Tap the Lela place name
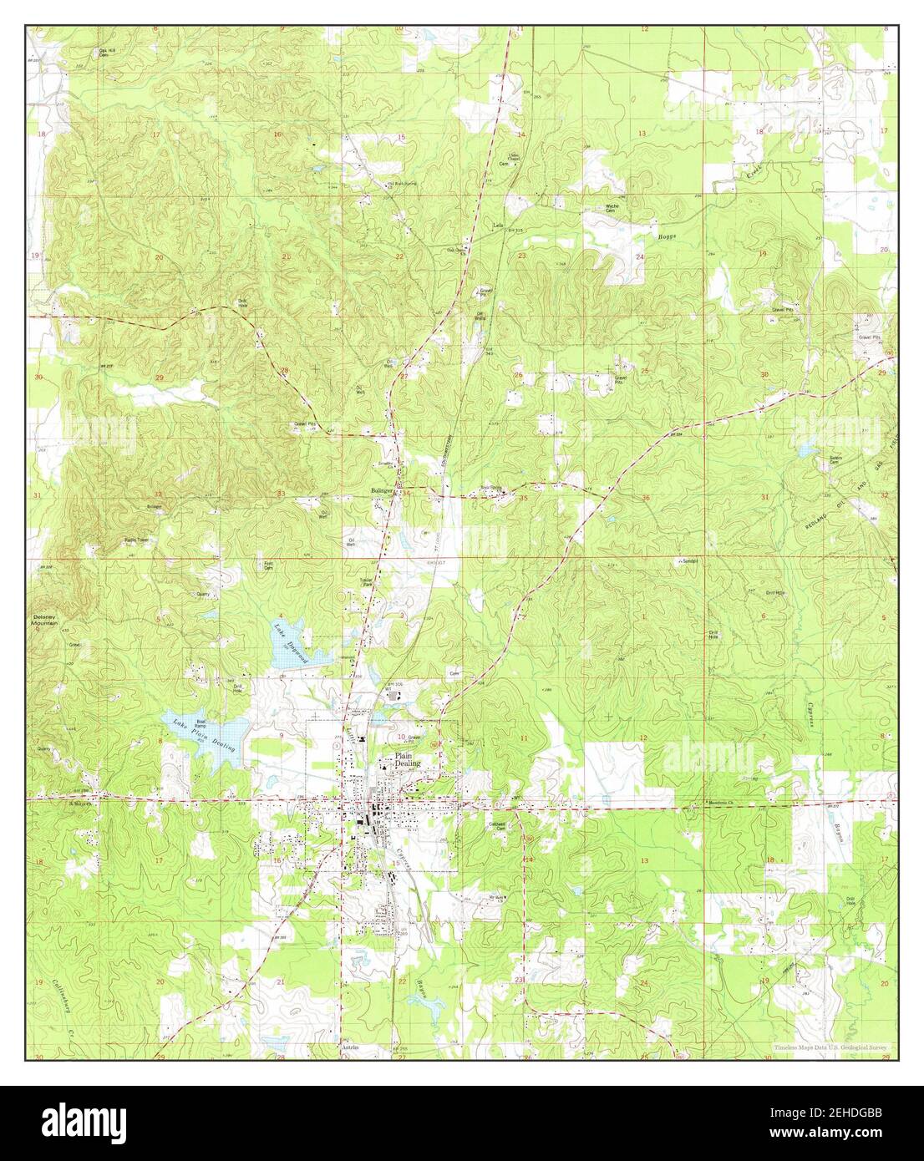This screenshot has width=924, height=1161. [x=499, y=226]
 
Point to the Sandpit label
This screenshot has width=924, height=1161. [x=689, y=561]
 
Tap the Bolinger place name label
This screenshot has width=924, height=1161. [x=383, y=491]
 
